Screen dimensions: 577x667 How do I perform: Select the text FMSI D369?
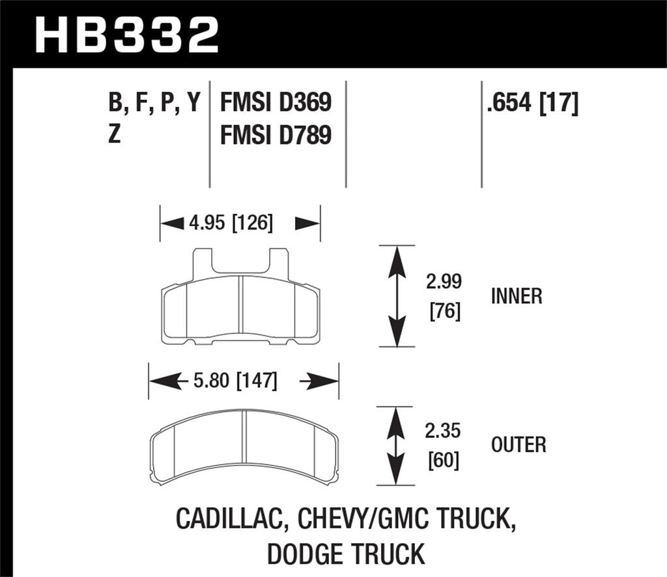(276, 102)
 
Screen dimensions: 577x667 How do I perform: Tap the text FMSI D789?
(276, 136)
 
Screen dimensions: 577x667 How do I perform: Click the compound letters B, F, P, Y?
(154, 103)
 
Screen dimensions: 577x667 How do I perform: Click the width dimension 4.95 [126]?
(232, 224)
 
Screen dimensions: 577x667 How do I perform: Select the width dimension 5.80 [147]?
(236, 380)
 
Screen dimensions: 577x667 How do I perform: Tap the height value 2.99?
(445, 282)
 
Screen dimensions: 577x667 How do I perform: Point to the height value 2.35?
(445, 431)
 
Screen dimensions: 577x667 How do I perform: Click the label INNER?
(517, 297)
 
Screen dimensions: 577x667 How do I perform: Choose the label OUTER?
(518, 445)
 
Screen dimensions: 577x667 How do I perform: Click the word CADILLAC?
(231, 520)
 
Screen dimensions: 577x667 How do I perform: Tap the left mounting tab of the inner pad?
(203, 262)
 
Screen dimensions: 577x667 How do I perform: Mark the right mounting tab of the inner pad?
(279, 262)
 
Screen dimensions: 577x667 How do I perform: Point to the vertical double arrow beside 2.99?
(397, 296)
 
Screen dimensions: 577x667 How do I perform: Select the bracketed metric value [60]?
(445, 461)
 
